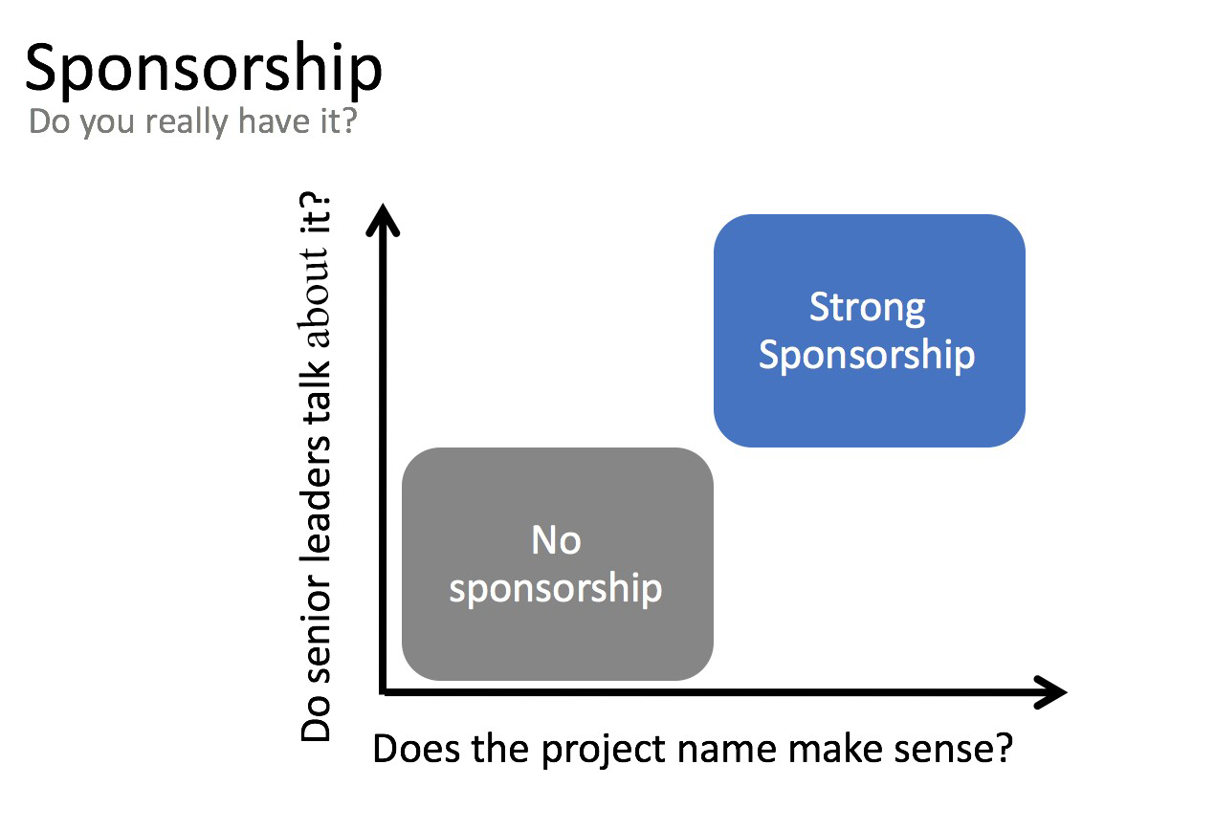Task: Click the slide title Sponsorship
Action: pyautogui.click(x=204, y=71)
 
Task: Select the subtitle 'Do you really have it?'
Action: pyautogui.click(x=193, y=121)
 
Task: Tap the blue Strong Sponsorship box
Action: pyautogui.click(x=869, y=331)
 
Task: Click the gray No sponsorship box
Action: pyautogui.click(x=558, y=564)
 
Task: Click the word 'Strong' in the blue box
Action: pyautogui.click(x=867, y=308)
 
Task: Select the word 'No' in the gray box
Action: pyautogui.click(x=556, y=540)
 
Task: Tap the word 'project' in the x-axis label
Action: pyautogui.click(x=603, y=751)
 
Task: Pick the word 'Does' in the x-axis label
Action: pyautogui.click(x=416, y=749)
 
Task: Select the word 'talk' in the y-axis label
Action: pyautogui.click(x=316, y=390)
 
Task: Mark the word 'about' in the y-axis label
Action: pyautogui.click(x=315, y=297)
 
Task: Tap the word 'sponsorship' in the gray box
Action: pyautogui.click(x=556, y=589)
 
